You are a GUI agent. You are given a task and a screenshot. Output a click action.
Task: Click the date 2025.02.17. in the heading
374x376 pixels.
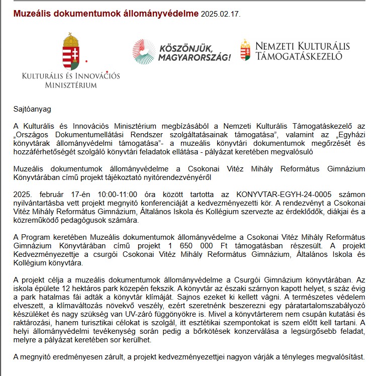220,14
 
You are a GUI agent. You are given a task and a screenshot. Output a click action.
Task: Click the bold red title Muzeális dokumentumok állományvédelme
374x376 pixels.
106,13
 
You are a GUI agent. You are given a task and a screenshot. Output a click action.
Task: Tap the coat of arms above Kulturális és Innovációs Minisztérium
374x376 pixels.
71,51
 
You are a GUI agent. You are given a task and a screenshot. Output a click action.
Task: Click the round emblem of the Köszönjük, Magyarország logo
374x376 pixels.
144,51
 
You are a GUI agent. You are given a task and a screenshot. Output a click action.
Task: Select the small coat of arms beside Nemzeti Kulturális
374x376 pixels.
245,50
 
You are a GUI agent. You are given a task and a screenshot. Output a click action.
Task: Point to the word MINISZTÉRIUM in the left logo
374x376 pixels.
71,85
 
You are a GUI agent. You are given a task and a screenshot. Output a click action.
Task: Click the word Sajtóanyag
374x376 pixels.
32,108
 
